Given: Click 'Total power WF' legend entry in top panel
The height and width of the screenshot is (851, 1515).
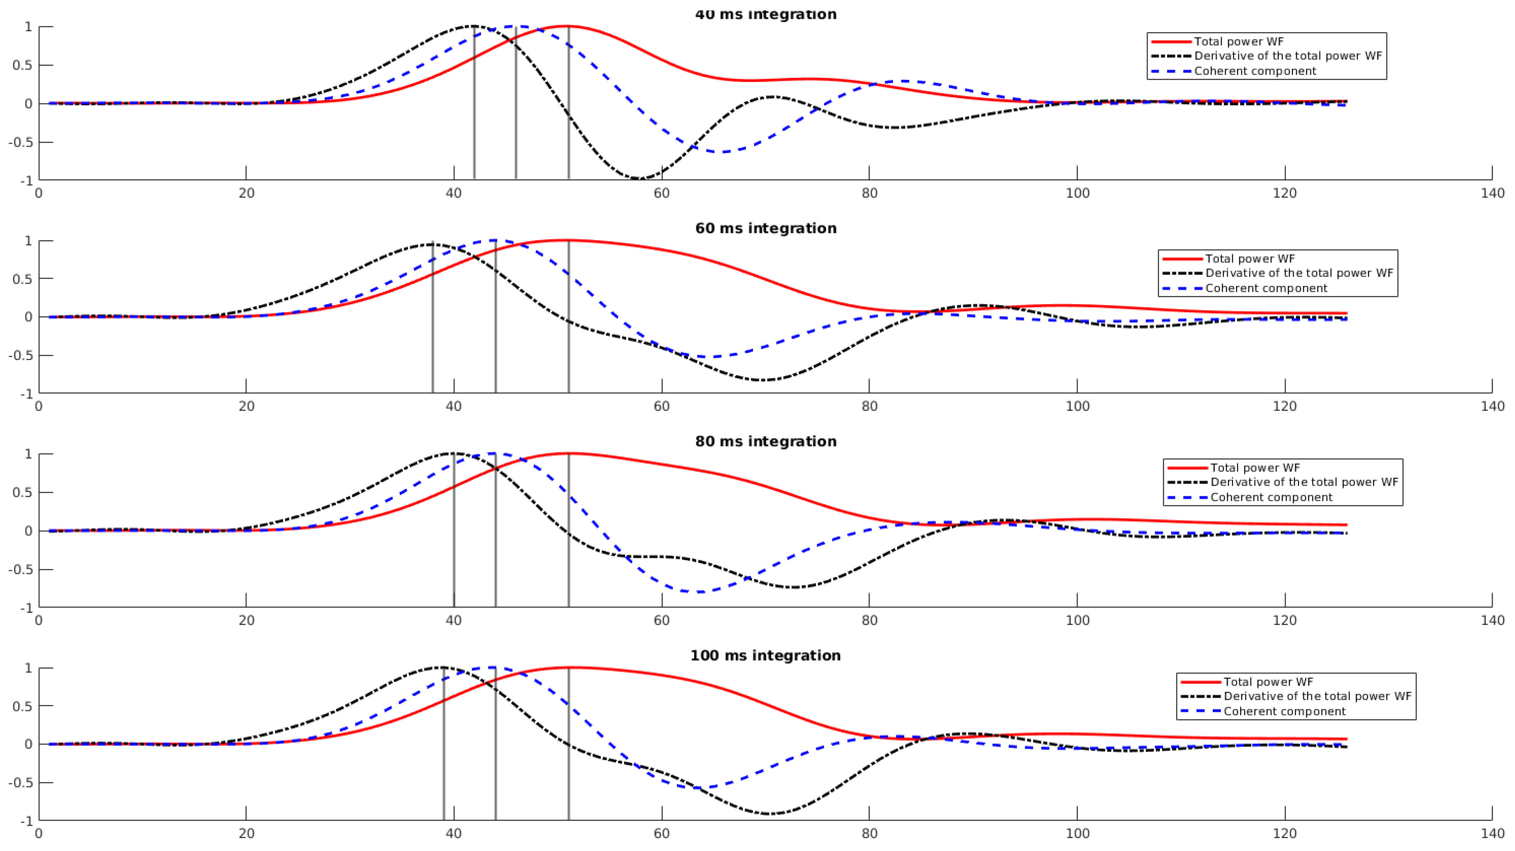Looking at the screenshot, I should click(x=1238, y=42).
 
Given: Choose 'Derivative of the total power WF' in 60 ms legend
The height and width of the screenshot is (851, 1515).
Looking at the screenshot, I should click(x=1298, y=273).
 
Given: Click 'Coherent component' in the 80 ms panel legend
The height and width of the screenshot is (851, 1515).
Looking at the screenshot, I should click(x=1271, y=497).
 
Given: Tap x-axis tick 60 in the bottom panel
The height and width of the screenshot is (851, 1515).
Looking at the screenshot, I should click(x=661, y=834).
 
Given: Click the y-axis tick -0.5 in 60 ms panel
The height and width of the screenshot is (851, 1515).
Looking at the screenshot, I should click(x=21, y=355).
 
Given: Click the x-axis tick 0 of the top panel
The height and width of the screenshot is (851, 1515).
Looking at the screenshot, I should click(x=39, y=193).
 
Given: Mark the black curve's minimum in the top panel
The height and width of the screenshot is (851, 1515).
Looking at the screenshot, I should click(x=640, y=178).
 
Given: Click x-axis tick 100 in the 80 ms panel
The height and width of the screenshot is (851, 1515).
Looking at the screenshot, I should click(x=1077, y=620).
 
